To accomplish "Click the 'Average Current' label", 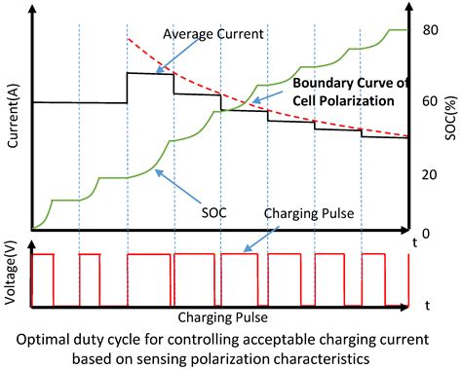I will pos(212,34).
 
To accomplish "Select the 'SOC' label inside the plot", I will pos(215,210).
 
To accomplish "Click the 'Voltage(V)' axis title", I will pos(12,279).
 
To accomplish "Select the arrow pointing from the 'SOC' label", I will pos(181,191).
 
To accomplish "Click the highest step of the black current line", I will pos(150,73).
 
